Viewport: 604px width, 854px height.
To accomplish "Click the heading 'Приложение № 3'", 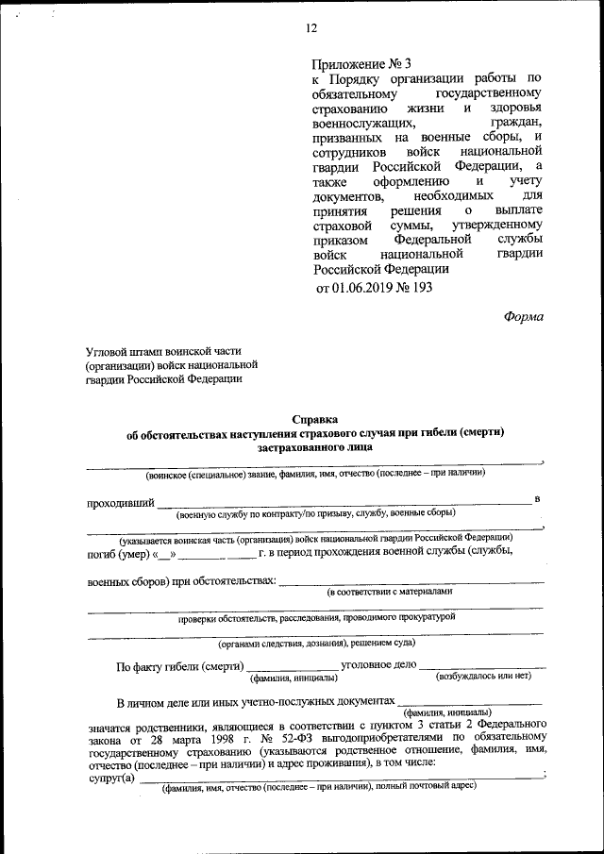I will coord(362,64).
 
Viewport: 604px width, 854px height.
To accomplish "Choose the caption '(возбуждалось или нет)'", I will coord(482,677).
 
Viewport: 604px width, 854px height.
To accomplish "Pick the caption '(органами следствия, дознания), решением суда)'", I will coord(316,645).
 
